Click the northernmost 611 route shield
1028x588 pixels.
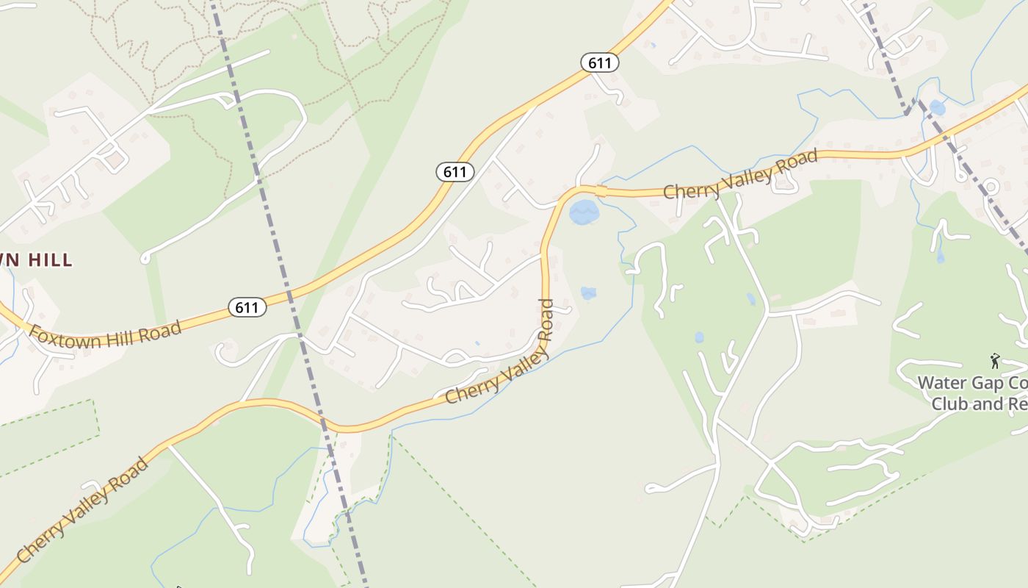[600, 63]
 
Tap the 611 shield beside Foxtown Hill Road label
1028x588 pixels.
[247, 307]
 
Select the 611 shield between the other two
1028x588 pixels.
[455, 172]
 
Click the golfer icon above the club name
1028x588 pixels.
[995, 361]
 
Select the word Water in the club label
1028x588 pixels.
[943, 383]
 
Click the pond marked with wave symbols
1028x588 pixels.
[584, 212]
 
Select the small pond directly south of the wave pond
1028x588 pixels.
[588, 293]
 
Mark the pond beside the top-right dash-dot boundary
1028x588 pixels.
[938, 107]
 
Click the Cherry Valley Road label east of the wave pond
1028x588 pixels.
[740, 175]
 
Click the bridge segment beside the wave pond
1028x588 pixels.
[601, 191]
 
